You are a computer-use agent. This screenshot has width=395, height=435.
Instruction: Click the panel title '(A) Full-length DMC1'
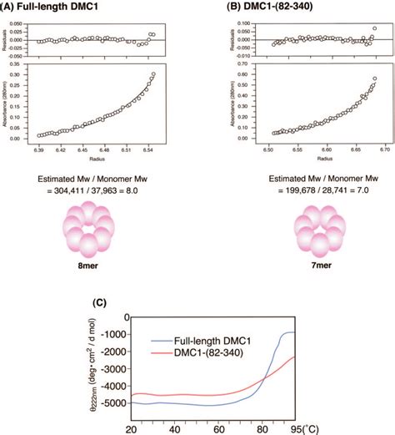[52, 8]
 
